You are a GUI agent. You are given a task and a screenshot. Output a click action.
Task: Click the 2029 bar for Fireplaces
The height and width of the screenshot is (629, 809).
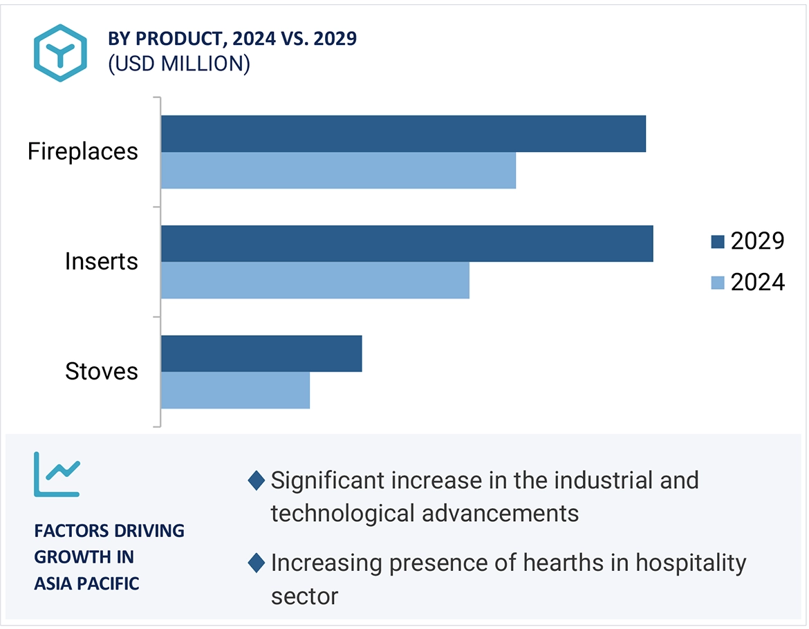[x=403, y=133]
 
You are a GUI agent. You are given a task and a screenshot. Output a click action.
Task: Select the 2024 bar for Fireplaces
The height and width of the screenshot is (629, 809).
[x=338, y=170]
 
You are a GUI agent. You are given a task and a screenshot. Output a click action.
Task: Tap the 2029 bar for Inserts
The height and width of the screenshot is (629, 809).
[x=407, y=243]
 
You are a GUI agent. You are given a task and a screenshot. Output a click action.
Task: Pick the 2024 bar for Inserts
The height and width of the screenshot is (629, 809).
[x=315, y=280]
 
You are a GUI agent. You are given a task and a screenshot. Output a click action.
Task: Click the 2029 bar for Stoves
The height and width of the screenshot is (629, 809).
[x=261, y=354]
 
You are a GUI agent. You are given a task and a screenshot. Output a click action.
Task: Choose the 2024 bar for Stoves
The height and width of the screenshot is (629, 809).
[x=235, y=391]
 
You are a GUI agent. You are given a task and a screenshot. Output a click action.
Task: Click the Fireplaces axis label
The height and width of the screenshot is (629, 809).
[x=83, y=151]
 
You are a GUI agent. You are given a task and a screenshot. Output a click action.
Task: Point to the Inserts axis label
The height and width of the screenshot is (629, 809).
[x=102, y=261]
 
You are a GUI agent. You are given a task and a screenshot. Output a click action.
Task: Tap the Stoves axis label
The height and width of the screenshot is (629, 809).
[x=102, y=372]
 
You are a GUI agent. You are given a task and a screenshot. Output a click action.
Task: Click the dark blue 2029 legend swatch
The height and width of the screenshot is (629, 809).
[x=717, y=242]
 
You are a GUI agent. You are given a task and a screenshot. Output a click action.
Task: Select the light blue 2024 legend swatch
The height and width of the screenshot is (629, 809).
[x=717, y=283]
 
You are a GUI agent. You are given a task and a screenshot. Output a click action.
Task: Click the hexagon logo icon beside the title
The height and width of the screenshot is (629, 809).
[x=61, y=53]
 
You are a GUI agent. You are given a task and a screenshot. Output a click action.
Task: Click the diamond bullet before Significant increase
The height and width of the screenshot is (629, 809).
[x=257, y=480]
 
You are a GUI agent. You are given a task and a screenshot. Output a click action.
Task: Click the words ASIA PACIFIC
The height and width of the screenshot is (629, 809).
[x=86, y=583]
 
